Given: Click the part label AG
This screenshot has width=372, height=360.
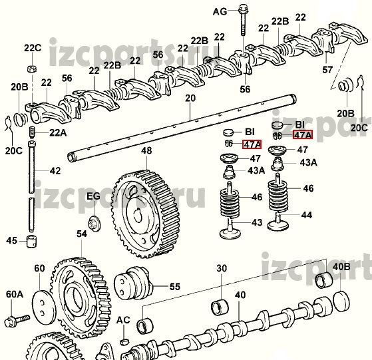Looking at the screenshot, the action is tap(220, 11).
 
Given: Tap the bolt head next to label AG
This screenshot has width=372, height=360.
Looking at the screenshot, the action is tap(243, 9).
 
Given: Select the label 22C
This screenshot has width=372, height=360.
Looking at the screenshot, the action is tap(33, 48).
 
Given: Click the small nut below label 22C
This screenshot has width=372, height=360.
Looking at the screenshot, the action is tap(32, 69).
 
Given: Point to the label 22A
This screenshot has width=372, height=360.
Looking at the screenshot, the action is tap(58, 133).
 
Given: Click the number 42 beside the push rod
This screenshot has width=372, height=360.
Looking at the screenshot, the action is tap(55, 171).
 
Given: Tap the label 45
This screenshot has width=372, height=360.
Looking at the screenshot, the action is tap(12, 241).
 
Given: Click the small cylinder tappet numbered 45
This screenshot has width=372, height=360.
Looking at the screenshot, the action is tap(32, 242).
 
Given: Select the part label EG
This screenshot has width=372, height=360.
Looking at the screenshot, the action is tap(93, 196).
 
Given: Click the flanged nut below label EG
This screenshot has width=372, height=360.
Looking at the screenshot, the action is tap(94, 224).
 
